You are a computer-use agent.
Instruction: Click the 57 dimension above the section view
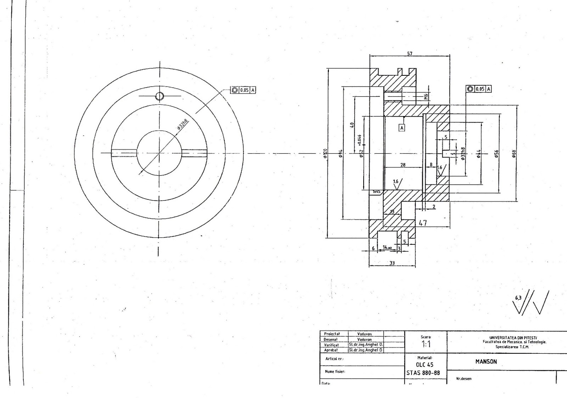410,54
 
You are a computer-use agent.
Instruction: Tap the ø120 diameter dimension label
325,153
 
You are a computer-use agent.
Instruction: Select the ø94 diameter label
340,153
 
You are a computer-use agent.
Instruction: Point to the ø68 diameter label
514,153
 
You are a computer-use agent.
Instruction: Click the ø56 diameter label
497,153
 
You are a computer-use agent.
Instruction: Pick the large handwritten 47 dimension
423,223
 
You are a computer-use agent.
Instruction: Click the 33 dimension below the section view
392,263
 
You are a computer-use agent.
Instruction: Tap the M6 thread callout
427,96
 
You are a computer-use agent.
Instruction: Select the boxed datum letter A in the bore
402,127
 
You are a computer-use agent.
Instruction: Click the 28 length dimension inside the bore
403,165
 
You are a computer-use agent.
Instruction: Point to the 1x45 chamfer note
376,192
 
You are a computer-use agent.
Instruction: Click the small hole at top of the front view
159,96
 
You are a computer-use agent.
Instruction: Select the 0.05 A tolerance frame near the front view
243,90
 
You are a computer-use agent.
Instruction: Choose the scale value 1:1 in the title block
426,344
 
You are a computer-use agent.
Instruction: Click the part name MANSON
486,362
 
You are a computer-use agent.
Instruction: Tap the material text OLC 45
425,365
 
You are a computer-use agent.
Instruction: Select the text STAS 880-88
423,373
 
